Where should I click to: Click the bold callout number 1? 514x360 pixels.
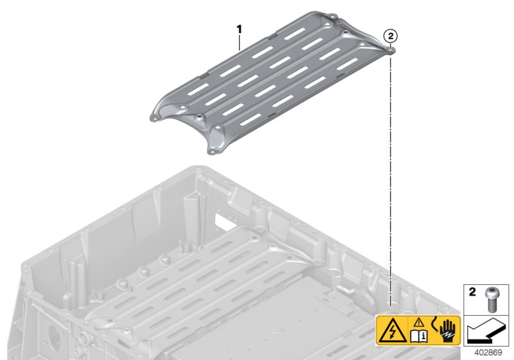[240, 30]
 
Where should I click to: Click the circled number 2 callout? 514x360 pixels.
[391, 36]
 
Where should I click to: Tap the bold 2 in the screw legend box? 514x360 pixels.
[472, 292]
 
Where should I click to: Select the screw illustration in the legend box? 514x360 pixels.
[491, 300]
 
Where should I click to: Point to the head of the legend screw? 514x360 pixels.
[491, 291]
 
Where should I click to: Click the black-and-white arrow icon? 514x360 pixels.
[486, 331]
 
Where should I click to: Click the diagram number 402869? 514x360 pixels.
[488, 353]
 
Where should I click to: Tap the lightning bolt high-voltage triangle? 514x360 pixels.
[392, 331]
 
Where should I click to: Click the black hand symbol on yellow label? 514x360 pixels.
[447, 330]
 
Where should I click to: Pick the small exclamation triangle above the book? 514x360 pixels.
[419, 323]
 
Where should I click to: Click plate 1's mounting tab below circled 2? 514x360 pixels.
[389, 50]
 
